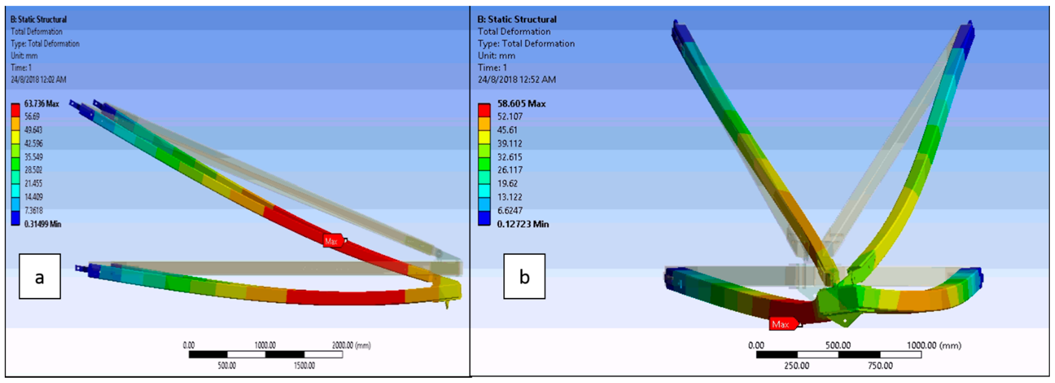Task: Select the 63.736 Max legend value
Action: (41, 104)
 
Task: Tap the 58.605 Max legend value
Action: (521, 104)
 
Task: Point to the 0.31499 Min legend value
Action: (42, 224)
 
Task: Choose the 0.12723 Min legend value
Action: (523, 224)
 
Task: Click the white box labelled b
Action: (524, 276)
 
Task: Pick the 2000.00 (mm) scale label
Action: (351, 345)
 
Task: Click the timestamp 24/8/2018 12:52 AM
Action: (516, 80)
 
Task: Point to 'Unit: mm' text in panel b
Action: (496, 56)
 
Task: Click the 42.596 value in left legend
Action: (33, 143)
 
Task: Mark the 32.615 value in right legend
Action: (510, 157)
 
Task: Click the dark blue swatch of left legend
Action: (15, 218)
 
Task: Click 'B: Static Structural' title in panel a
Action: (39, 19)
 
